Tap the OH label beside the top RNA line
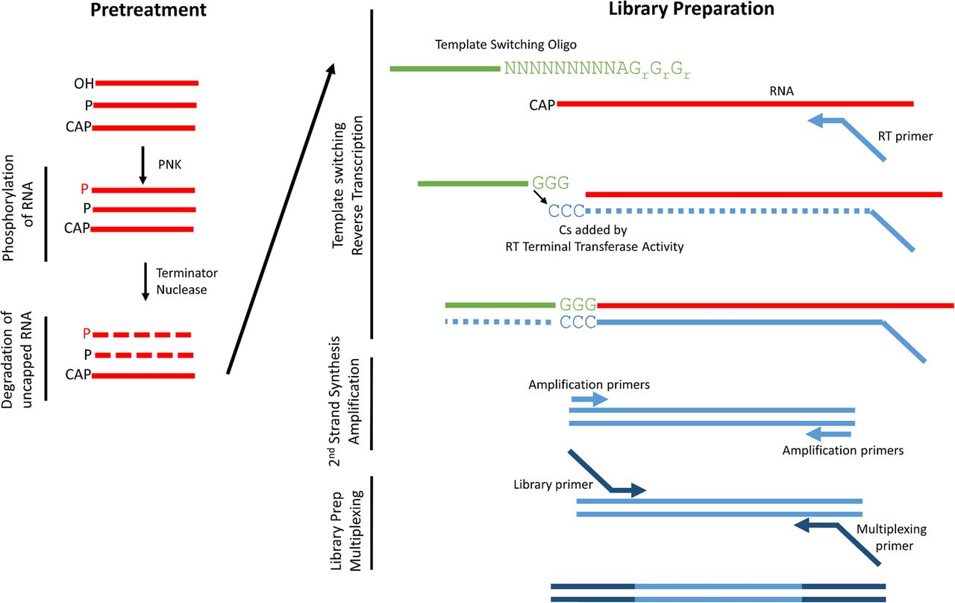pos(84,83)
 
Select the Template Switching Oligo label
pos(506,45)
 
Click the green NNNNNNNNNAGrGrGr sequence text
pos(597,69)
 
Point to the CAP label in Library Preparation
pos(542,104)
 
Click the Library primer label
pos(553,485)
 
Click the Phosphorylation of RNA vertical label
pos(19,213)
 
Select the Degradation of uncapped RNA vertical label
pos(19,358)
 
